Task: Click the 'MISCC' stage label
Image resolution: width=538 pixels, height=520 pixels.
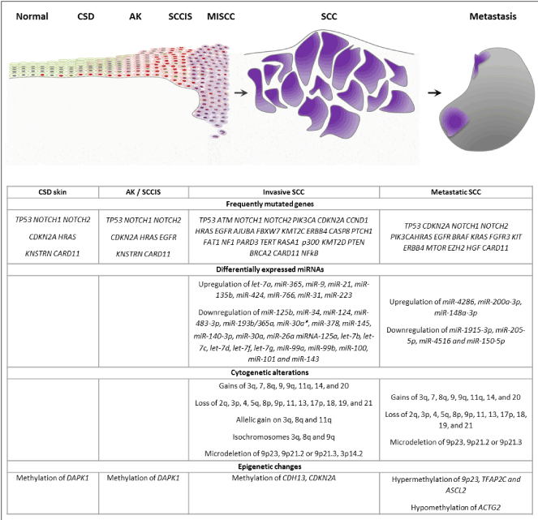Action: tap(223, 15)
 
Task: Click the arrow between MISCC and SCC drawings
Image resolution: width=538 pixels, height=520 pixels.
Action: tap(239, 92)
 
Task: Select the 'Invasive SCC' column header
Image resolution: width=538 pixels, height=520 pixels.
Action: tap(283, 191)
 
